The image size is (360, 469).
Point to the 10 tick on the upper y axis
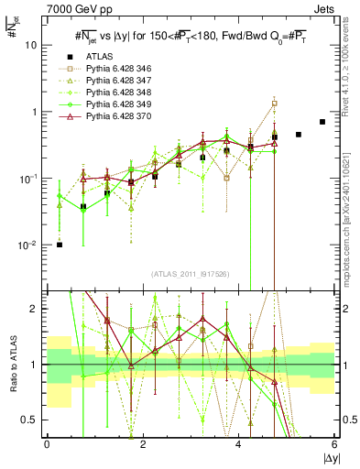[x=32, y=45]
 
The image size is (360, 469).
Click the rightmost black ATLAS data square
[x=322, y=122]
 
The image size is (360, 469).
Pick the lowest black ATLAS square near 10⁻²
[x=60, y=245]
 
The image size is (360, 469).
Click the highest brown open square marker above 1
[x=275, y=103]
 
